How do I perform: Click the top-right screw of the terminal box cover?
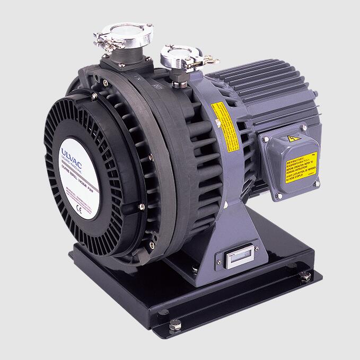click(304, 128)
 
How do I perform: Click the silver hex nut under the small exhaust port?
click(176, 80)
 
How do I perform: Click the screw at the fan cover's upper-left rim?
click(94, 96)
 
